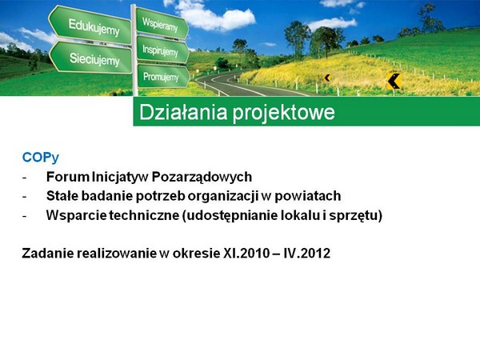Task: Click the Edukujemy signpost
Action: click(x=90, y=25)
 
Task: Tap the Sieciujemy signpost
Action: click(x=91, y=58)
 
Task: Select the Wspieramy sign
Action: click(x=162, y=23)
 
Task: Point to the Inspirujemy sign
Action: click(x=162, y=50)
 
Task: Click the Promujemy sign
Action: click(x=163, y=77)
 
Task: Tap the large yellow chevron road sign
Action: click(x=394, y=82)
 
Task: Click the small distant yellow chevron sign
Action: click(x=327, y=78)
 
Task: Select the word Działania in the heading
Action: click(x=183, y=112)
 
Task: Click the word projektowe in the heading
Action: click(x=283, y=113)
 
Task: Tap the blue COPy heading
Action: click(x=41, y=158)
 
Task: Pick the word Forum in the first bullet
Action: click(x=68, y=177)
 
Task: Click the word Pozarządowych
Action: click(x=202, y=178)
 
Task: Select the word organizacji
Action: click(x=223, y=197)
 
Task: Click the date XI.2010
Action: click(x=246, y=254)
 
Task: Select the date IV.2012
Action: click(x=306, y=254)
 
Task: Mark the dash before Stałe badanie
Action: click(x=25, y=197)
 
